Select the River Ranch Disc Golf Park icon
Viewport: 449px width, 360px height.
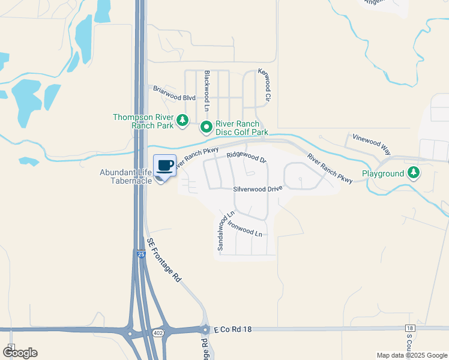click(x=206, y=127)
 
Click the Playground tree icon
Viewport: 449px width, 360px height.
click(x=413, y=173)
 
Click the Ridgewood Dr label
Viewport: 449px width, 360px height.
click(x=246, y=157)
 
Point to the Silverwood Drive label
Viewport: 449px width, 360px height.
click(x=258, y=188)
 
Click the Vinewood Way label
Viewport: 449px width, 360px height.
click(x=371, y=144)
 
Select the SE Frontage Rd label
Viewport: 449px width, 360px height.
click(x=164, y=260)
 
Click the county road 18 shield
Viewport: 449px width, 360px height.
click(x=410, y=328)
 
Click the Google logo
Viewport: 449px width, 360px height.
click(x=19, y=353)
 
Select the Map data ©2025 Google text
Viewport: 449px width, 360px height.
click(x=411, y=355)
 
